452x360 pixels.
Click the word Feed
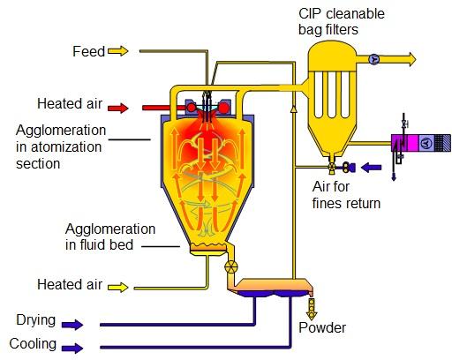(88, 51)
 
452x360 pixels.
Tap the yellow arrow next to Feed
(118, 51)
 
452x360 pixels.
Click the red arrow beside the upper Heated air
(118, 108)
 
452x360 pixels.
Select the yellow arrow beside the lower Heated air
(118, 287)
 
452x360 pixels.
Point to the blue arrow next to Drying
(72, 325)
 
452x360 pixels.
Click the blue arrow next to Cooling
(72, 349)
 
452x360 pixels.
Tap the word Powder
(322, 327)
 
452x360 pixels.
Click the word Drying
(36, 320)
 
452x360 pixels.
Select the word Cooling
(33, 344)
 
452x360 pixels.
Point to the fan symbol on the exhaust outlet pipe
(374, 60)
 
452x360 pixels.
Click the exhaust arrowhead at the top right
(411, 59)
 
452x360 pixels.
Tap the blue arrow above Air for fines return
(371, 168)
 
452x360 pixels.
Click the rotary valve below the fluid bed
(231, 266)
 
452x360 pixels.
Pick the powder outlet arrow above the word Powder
(312, 310)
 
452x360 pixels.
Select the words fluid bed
(107, 245)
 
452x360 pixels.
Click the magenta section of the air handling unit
(411, 143)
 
